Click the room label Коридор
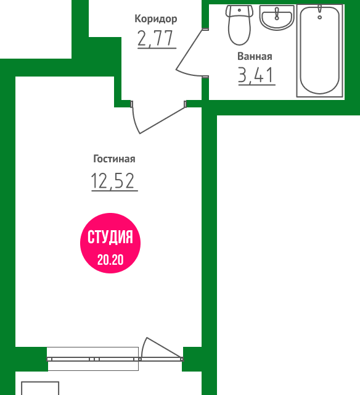point(156,19)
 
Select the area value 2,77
point(156,38)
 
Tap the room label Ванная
point(255,56)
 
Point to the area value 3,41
point(256,75)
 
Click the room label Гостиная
point(114,159)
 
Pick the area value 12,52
point(113,180)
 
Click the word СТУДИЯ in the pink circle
point(110,237)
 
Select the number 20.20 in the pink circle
point(110,260)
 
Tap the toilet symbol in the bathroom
point(239,25)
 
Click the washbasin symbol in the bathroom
point(277,17)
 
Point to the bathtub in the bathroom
point(320,51)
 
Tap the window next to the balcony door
point(92,359)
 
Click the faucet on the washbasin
point(277,14)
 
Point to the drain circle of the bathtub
point(319,17)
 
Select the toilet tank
point(239,11)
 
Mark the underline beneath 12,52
point(115,191)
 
